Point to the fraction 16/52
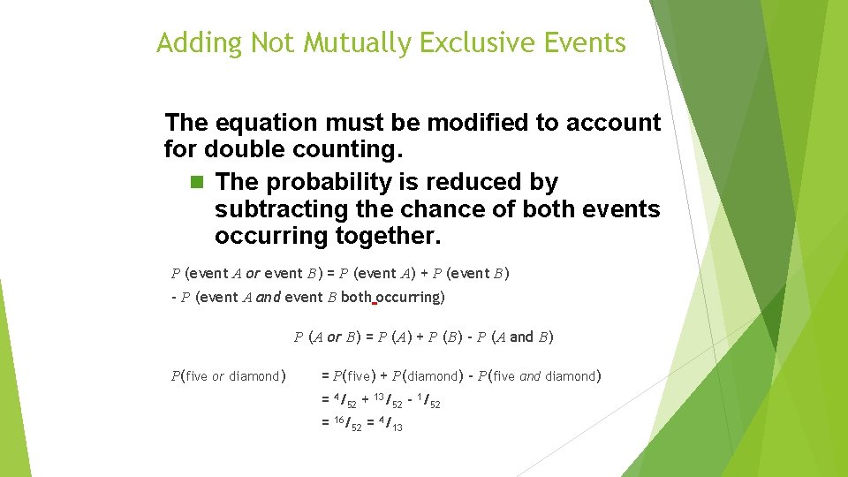pyautogui.click(x=347, y=425)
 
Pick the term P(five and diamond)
pyautogui.click(x=539, y=376)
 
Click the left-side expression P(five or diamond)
pyautogui.click(x=228, y=376)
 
